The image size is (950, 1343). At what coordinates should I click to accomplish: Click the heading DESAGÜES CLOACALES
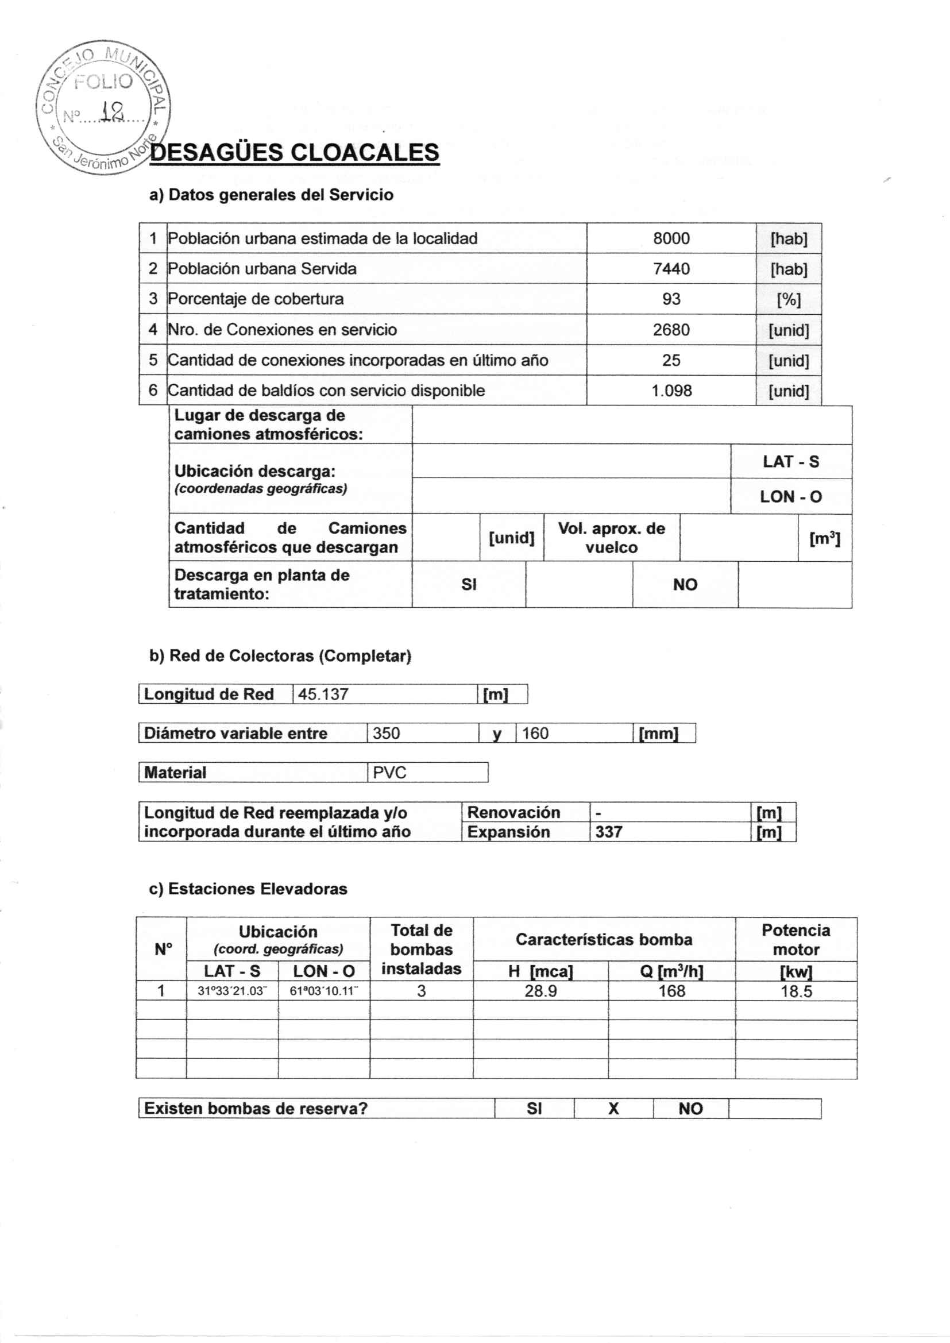pos(294,152)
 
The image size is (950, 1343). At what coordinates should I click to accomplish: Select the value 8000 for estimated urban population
pos(671,238)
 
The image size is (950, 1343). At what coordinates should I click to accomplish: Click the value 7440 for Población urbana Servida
pos(671,269)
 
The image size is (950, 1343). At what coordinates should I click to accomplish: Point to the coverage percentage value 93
pos(671,299)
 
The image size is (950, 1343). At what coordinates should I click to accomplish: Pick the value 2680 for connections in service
pos(671,330)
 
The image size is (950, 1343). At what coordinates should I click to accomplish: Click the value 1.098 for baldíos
pos(671,391)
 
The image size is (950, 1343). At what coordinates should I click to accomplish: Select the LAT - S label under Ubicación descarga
pos(790,462)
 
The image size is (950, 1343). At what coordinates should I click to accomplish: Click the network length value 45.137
pos(323,694)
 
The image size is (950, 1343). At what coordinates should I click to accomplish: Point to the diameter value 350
pos(386,734)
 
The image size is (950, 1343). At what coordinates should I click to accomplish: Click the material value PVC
pos(389,773)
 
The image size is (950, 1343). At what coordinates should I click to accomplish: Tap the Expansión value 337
pos(608,832)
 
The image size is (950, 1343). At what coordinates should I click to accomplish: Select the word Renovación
pos(513,812)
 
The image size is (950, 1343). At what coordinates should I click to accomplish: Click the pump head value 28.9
pos(540,991)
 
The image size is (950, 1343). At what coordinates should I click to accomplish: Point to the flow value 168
pos(671,991)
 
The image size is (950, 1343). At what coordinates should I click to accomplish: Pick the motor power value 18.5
pos(796,991)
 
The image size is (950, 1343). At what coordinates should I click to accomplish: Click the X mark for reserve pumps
pos(613,1109)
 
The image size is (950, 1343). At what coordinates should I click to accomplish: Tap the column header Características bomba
pos(604,939)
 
